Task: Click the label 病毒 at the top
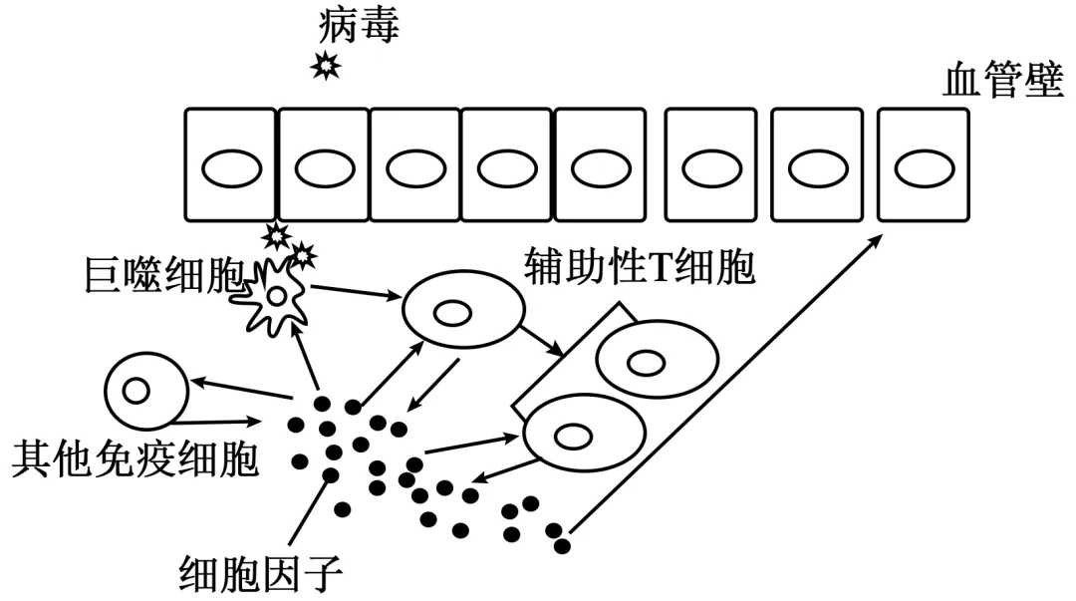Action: point(359,24)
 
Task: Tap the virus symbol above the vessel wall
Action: point(326,67)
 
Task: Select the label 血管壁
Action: point(1003,82)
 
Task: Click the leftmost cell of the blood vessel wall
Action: point(230,164)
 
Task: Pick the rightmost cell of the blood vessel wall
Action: point(923,164)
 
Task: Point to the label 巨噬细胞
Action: point(164,281)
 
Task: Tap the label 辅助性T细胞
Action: point(639,267)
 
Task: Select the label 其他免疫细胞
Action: point(134,459)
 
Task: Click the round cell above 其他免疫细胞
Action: point(145,389)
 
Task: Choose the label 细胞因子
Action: point(261,573)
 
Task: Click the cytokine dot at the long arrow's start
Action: point(563,544)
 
